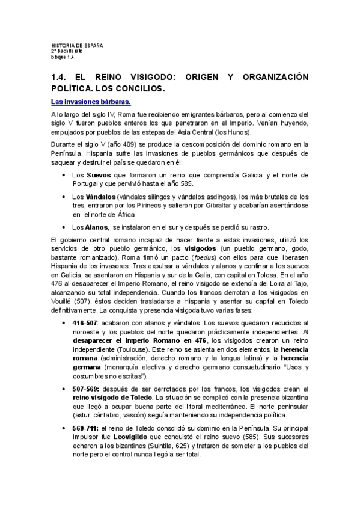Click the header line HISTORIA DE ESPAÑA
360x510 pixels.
(78, 46)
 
